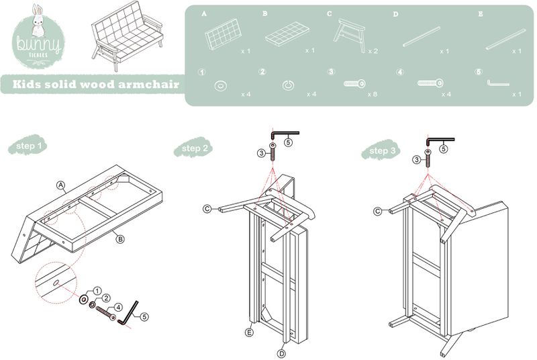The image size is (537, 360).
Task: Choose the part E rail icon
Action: (505, 38)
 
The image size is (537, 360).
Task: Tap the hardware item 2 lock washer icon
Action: (288, 85)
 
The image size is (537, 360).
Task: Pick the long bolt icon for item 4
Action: (430, 83)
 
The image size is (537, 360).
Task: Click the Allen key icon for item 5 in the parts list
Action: (497, 83)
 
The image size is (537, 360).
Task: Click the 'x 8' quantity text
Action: (372, 94)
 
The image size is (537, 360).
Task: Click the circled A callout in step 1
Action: (60, 185)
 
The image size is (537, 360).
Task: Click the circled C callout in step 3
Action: (378, 212)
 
